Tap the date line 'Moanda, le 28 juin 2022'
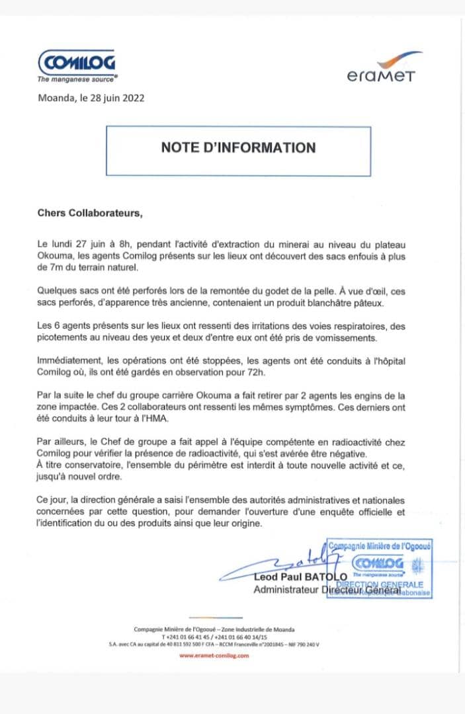pos(90,99)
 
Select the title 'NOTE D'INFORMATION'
pos(238,147)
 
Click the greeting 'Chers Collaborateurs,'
pos(89,214)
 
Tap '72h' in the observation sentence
pos(257,374)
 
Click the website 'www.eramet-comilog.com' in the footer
pos(214,655)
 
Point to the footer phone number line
pos(214,637)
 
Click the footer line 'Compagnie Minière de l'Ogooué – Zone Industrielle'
pos(214,629)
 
